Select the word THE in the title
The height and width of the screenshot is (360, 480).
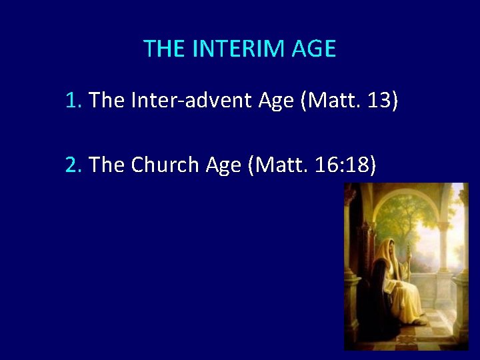163,49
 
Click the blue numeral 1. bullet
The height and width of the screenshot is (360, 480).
73,101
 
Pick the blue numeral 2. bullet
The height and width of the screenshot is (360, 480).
73,165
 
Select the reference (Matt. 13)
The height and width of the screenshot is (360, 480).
349,101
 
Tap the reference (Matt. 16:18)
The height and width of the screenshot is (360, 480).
311,165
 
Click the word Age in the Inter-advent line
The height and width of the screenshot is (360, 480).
275,101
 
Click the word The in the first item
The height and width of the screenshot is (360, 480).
103,101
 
